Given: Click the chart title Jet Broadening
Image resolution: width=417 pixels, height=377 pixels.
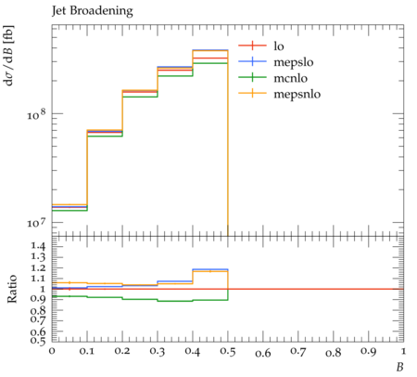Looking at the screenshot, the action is (x=93, y=11).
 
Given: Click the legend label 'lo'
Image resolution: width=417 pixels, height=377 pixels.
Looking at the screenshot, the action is (x=279, y=46).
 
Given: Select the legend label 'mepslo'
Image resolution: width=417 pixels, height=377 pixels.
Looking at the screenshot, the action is (x=294, y=62).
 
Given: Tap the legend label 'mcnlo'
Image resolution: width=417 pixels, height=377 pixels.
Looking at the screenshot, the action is (x=291, y=78).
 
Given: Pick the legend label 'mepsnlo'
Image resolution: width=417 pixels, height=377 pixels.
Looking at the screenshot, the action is (x=297, y=94).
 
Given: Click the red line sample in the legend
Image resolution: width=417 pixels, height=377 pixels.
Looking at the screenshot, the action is (x=252, y=45).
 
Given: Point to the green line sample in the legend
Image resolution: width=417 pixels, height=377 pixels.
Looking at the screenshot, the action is (x=252, y=77).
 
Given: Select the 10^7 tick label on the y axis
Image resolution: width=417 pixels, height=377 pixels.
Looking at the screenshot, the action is (x=36, y=222).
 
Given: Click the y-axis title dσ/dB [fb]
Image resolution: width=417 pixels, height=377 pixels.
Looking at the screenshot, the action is (x=8, y=56).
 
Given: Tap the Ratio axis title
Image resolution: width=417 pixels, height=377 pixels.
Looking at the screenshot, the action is (x=12, y=289).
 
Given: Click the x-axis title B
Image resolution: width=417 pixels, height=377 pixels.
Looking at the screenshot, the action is (x=400, y=367).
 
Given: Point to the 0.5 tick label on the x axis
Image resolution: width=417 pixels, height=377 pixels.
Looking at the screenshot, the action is (x=228, y=352).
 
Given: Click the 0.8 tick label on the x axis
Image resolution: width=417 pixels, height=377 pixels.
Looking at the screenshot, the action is (x=334, y=352).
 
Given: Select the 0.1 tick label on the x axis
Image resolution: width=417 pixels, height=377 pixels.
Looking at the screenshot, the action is (x=87, y=351).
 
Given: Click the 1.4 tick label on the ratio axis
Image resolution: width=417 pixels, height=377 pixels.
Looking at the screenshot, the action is (x=38, y=246).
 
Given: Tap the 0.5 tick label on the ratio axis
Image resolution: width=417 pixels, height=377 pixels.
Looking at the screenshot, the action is (x=38, y=341).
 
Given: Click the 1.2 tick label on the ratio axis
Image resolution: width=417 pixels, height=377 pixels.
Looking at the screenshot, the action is (x=38, y=267).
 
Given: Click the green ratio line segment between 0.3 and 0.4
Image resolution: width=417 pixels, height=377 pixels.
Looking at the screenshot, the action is (x=175, y=301).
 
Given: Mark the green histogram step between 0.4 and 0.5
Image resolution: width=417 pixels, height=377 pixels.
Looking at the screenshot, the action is (x=210, y=63).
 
